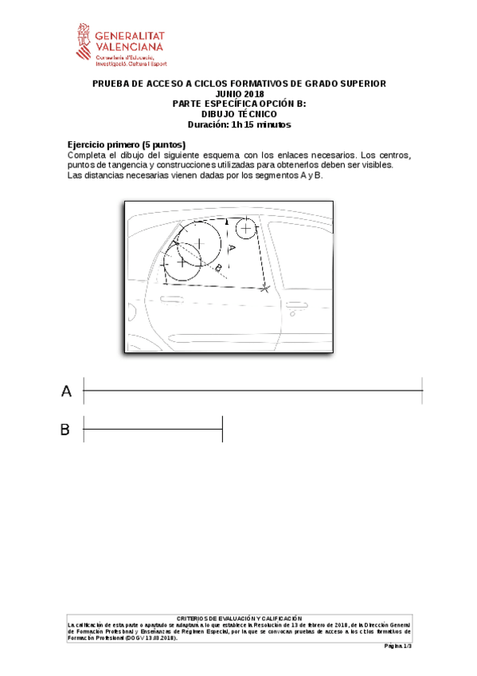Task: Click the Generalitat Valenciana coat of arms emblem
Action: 83,43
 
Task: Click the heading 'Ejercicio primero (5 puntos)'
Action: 127,143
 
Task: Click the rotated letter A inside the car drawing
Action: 231,249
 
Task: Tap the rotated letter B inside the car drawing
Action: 217,267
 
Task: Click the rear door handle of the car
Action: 297,305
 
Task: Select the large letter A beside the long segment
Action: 67,391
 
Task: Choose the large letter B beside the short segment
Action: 65,430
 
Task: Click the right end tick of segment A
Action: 421,391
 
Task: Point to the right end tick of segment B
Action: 221,430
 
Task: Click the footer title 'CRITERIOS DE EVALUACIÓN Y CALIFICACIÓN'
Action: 239,618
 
